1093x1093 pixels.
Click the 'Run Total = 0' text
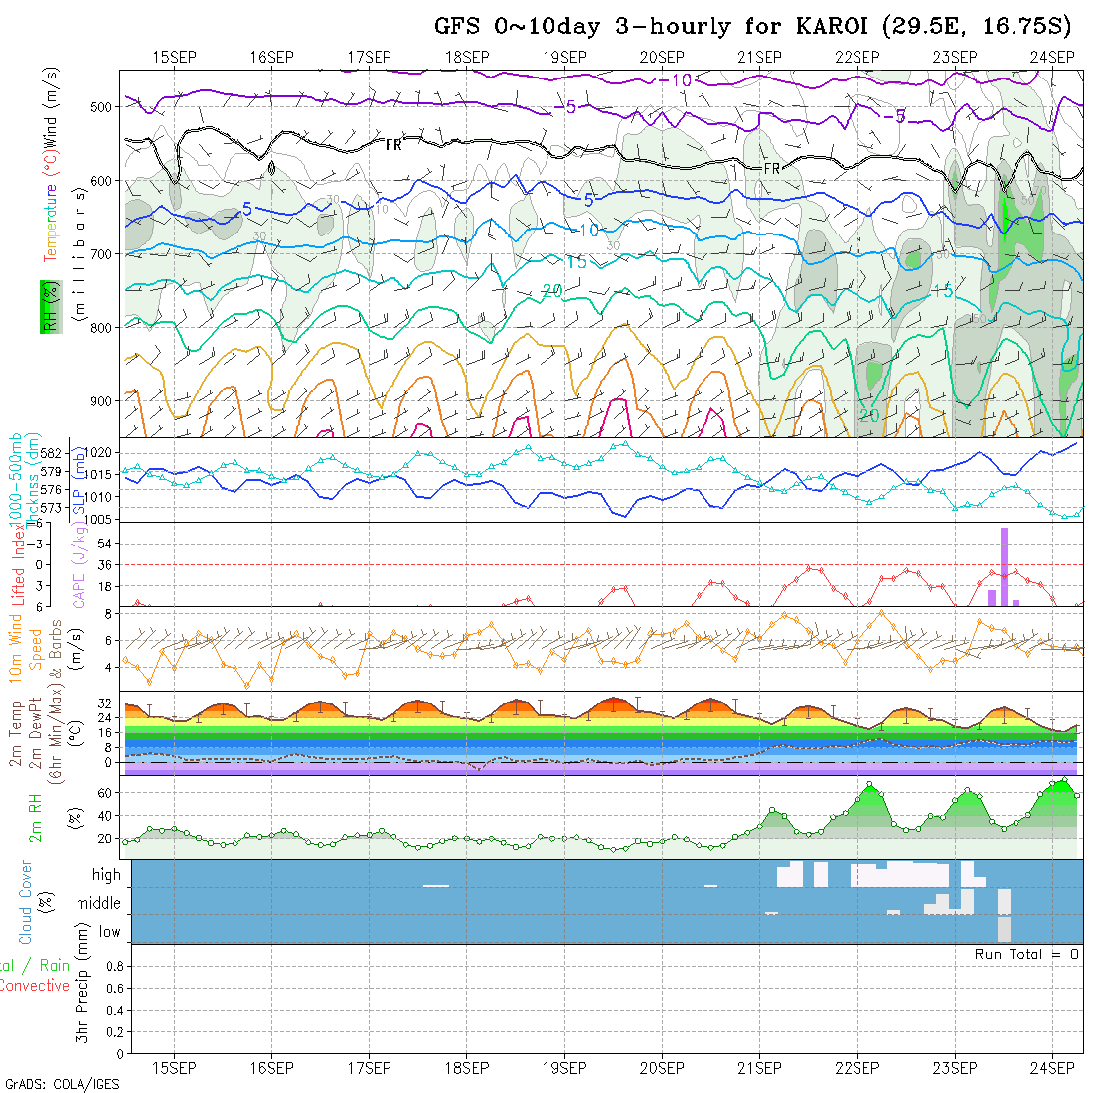coord(1026,954)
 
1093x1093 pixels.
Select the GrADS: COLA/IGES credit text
coord(62,1084)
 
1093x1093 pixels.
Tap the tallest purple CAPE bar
coord(1004,566)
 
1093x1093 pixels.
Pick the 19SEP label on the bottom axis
coord(563,1068)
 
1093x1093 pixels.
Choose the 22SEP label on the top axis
coord(857,56)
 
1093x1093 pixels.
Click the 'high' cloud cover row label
coord(106,875)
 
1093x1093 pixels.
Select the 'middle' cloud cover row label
coord(98,904)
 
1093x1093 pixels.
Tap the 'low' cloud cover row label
coord(109,932)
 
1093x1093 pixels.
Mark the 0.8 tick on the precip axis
coord(113,966)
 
